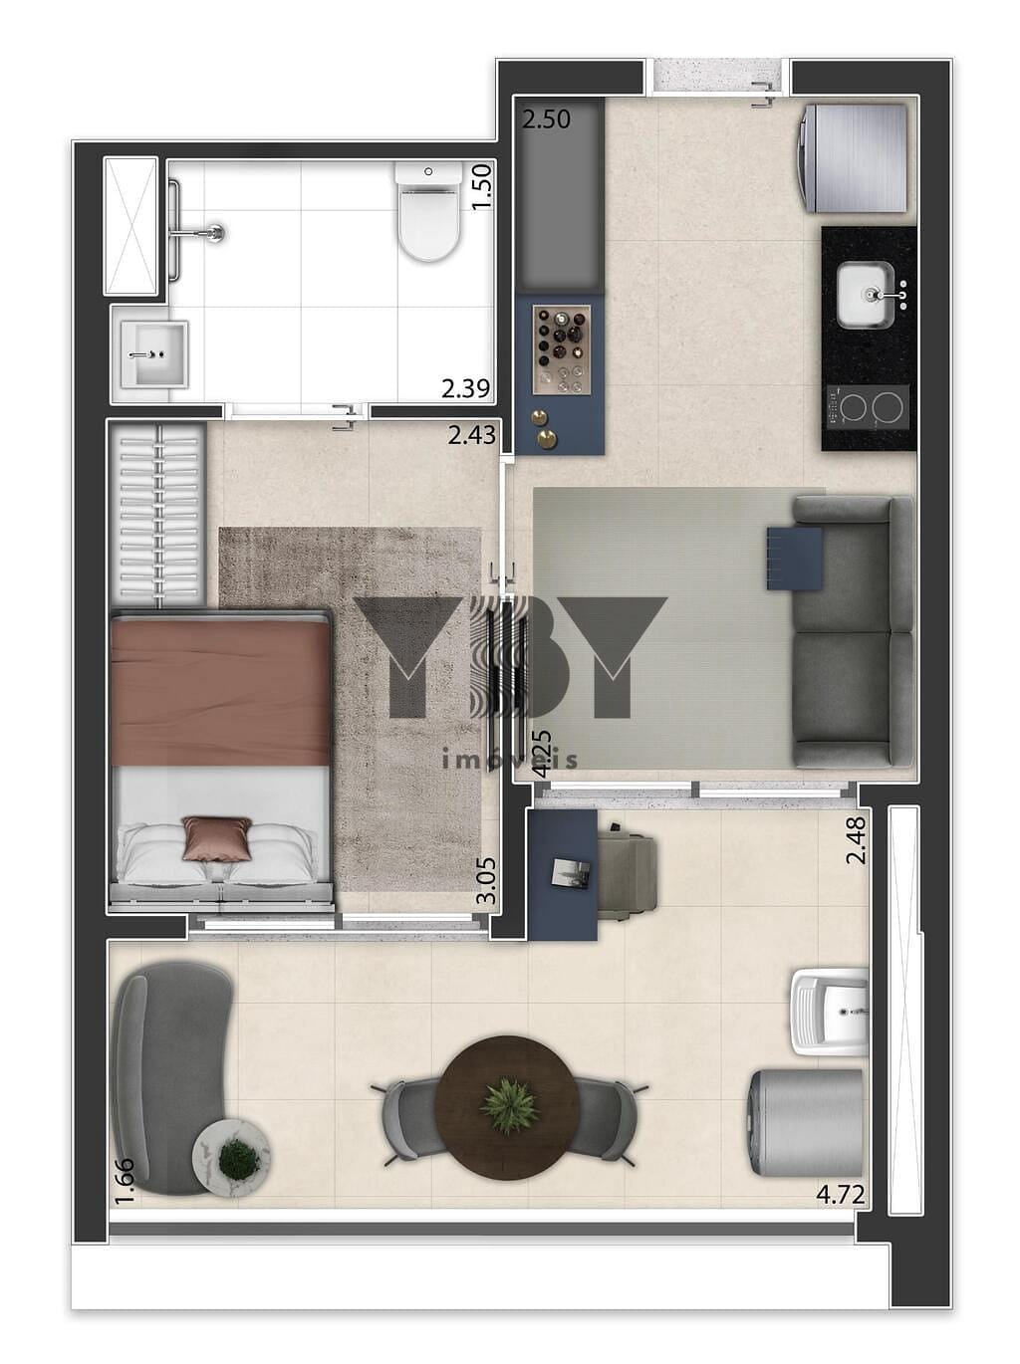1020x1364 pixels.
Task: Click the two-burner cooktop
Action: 869,407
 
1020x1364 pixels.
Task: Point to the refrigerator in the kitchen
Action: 853,158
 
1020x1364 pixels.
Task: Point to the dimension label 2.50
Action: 546,119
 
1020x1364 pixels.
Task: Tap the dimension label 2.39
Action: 466,389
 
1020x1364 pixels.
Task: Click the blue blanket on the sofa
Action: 795,558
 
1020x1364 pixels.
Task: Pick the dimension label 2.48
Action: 857,840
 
